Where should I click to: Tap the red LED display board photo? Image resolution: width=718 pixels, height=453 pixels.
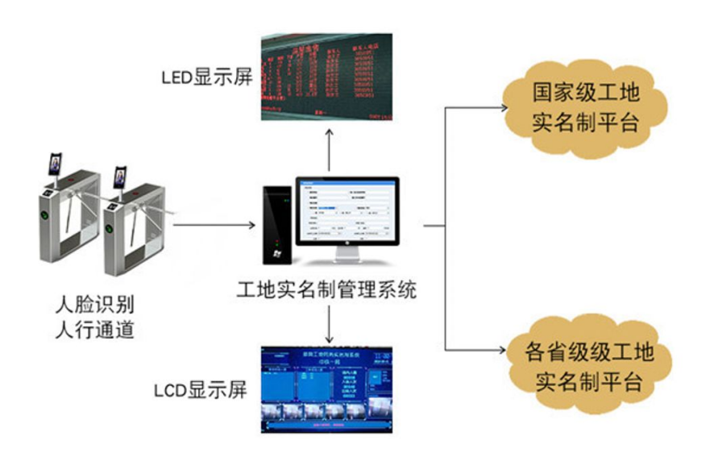(326, 77)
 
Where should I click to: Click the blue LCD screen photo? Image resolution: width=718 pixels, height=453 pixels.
(326, 390)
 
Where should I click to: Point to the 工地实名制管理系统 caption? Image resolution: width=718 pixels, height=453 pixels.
(327, 289)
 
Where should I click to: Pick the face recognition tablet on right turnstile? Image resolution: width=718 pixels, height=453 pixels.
(121, 177)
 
